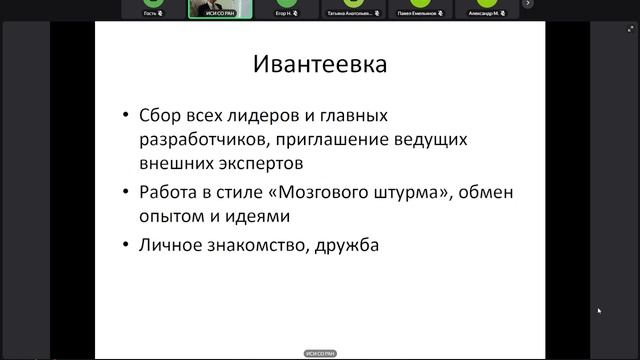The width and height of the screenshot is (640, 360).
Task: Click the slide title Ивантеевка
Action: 320,68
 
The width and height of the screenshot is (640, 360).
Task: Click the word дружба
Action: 349,245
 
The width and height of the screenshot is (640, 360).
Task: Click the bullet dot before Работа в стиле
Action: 124,192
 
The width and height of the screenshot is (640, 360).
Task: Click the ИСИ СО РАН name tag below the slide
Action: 320,353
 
